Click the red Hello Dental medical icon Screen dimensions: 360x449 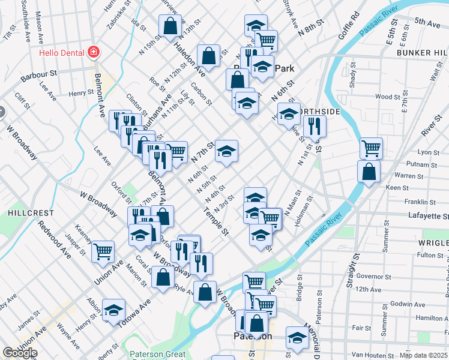(x=94, y=52)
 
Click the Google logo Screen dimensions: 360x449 (x=20, y=353)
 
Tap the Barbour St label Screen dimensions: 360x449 (x=38, y=75)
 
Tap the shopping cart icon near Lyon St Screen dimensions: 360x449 (x=372, y=148)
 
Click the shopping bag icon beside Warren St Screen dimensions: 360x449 (x=368, y=171)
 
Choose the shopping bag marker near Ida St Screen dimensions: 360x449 (x=170, y=25)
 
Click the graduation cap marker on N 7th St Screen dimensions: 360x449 (x=227, y=151)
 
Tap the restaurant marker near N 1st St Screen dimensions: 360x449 (x=315, y=126)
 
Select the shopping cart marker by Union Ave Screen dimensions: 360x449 (x=103, y=251)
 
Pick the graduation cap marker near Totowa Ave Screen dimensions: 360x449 (x=113, y=310)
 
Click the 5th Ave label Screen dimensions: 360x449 (x=427, y=22)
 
